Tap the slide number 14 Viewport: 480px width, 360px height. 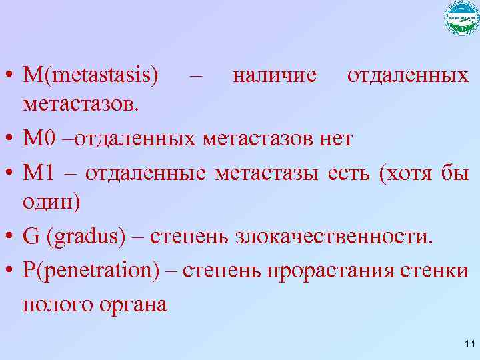468,344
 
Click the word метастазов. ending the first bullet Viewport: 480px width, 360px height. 81,104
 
